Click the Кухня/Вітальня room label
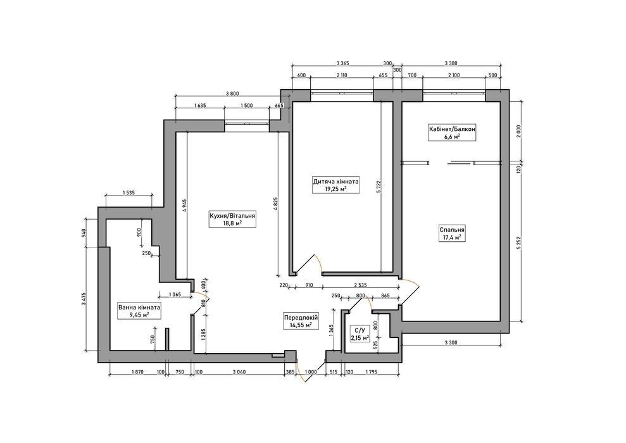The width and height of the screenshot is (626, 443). (232, 219)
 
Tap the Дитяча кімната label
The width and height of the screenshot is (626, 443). (335, 185)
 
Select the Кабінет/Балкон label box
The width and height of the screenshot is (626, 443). (453, 132)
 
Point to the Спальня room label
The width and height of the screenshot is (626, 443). (452, 234)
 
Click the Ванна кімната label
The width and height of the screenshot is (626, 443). (139, 311)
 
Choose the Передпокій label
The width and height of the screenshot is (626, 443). (301, 321)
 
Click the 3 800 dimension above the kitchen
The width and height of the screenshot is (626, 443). (232, 94)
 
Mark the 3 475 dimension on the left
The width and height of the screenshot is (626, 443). (84, 299)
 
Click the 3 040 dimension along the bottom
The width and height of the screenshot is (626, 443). (239, 372)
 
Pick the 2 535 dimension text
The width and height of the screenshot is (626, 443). (360, 285)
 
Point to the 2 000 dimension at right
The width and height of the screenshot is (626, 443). (518, 131)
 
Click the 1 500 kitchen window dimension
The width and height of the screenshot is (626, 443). (247, 105)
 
